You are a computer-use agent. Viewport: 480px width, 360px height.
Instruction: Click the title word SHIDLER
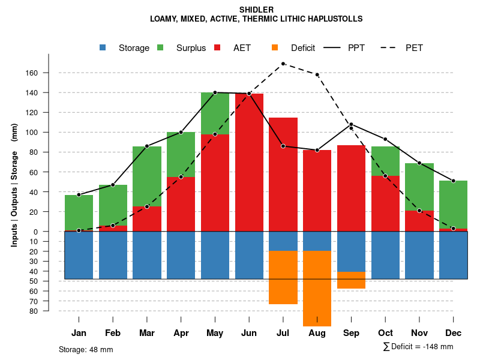point(256,10)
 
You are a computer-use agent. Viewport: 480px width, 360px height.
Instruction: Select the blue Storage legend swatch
point(103,48)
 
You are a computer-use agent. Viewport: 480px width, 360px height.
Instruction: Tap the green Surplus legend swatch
point(160,48)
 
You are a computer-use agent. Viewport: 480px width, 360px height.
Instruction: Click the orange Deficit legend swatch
point(275,48)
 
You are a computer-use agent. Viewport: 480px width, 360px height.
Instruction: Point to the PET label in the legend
point(414,48)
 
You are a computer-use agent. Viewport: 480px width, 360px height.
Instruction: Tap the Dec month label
point(454,333)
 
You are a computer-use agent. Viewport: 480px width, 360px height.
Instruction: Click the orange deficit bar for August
point(317,288)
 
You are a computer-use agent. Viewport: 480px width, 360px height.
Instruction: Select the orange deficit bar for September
point(351,280)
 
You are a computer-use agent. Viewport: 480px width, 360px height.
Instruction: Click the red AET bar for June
point(249,162)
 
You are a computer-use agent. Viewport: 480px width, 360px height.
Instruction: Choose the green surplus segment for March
point(146,176)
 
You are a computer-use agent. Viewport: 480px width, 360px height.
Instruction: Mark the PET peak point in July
point(283,64)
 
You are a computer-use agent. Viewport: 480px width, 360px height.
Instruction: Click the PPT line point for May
point(215,92)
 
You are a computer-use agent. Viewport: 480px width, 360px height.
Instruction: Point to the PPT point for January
point(79,194)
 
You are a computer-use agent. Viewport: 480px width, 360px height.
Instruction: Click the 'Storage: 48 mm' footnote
point(86,349)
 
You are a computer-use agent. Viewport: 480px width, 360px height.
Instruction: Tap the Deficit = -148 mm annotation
point(418,347)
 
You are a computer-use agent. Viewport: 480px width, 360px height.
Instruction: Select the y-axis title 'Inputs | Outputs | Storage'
point(14,181)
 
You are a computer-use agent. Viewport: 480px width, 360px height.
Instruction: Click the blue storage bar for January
point(79,255)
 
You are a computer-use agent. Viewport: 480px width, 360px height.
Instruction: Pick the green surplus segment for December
point(454,204)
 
